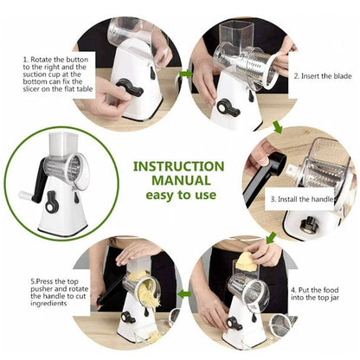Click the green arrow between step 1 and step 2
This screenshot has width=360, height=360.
click(x=184, y=74)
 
